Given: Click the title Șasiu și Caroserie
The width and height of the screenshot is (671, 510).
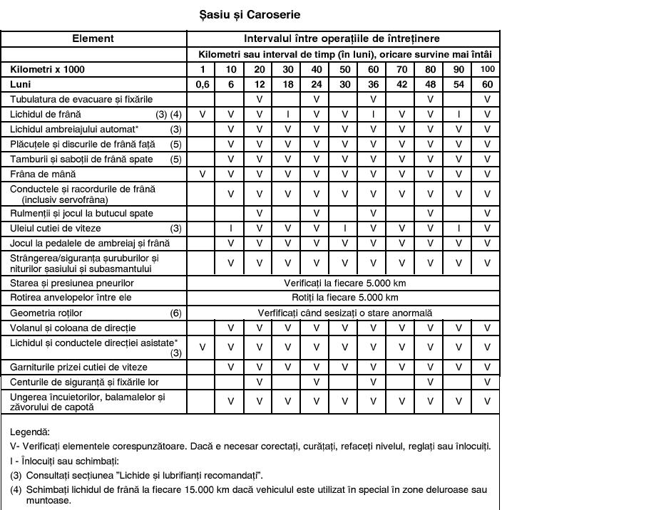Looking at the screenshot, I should tap(250, 14).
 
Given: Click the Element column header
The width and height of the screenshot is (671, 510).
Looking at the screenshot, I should tap(93, 38).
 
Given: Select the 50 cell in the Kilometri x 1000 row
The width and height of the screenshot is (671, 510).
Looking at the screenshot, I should tap(344, 69).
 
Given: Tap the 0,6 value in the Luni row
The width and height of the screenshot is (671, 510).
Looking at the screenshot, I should tap(203, 84).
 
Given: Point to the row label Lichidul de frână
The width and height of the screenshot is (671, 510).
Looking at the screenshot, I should tap(46, 114).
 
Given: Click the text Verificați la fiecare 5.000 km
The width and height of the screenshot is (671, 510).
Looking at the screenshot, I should tap(345, 283).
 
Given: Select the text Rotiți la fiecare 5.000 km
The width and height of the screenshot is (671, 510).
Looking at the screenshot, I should tap(345, 297).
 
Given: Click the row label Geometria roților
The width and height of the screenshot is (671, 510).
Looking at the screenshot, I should tap(46, 313).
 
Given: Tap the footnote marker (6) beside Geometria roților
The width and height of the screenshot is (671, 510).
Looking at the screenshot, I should tap(175, 313).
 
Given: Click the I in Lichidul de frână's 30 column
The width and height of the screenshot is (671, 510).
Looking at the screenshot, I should tap(287, 114).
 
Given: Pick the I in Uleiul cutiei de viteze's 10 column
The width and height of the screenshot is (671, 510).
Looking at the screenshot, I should tap(230, 229).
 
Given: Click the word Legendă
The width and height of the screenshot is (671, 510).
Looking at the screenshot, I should tap(30, 432).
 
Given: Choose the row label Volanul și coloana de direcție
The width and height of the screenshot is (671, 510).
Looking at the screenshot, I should tap(73, 328).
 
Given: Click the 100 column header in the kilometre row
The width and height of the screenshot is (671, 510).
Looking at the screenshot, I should tap(487, 69).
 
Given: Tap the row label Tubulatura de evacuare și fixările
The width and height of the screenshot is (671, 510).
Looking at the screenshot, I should tap(81, 99).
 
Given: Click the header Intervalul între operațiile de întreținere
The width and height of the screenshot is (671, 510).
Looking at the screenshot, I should tap(342, 38).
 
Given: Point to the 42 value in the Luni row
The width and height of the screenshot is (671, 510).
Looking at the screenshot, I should tap(401, 84).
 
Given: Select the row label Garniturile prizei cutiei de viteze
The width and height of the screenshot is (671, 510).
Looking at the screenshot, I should tap(78, 367).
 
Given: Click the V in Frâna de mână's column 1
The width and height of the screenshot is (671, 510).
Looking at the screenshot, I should tap(203, 174).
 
